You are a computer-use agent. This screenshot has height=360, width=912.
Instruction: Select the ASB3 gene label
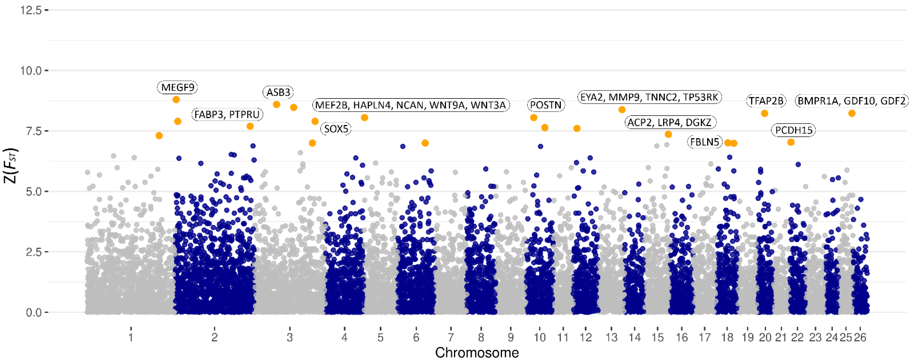coord(278,92)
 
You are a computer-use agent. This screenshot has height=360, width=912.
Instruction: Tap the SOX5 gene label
coord(336,129)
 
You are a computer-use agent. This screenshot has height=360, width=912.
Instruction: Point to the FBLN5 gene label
coord(705,142)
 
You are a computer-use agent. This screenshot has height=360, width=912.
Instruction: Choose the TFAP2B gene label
coord(766,101)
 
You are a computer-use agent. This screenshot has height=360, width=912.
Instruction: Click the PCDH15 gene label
coord(793,130)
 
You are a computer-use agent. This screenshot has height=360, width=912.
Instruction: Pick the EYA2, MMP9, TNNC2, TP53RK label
coord(649,97)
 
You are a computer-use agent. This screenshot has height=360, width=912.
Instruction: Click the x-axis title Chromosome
coord(477,352)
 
